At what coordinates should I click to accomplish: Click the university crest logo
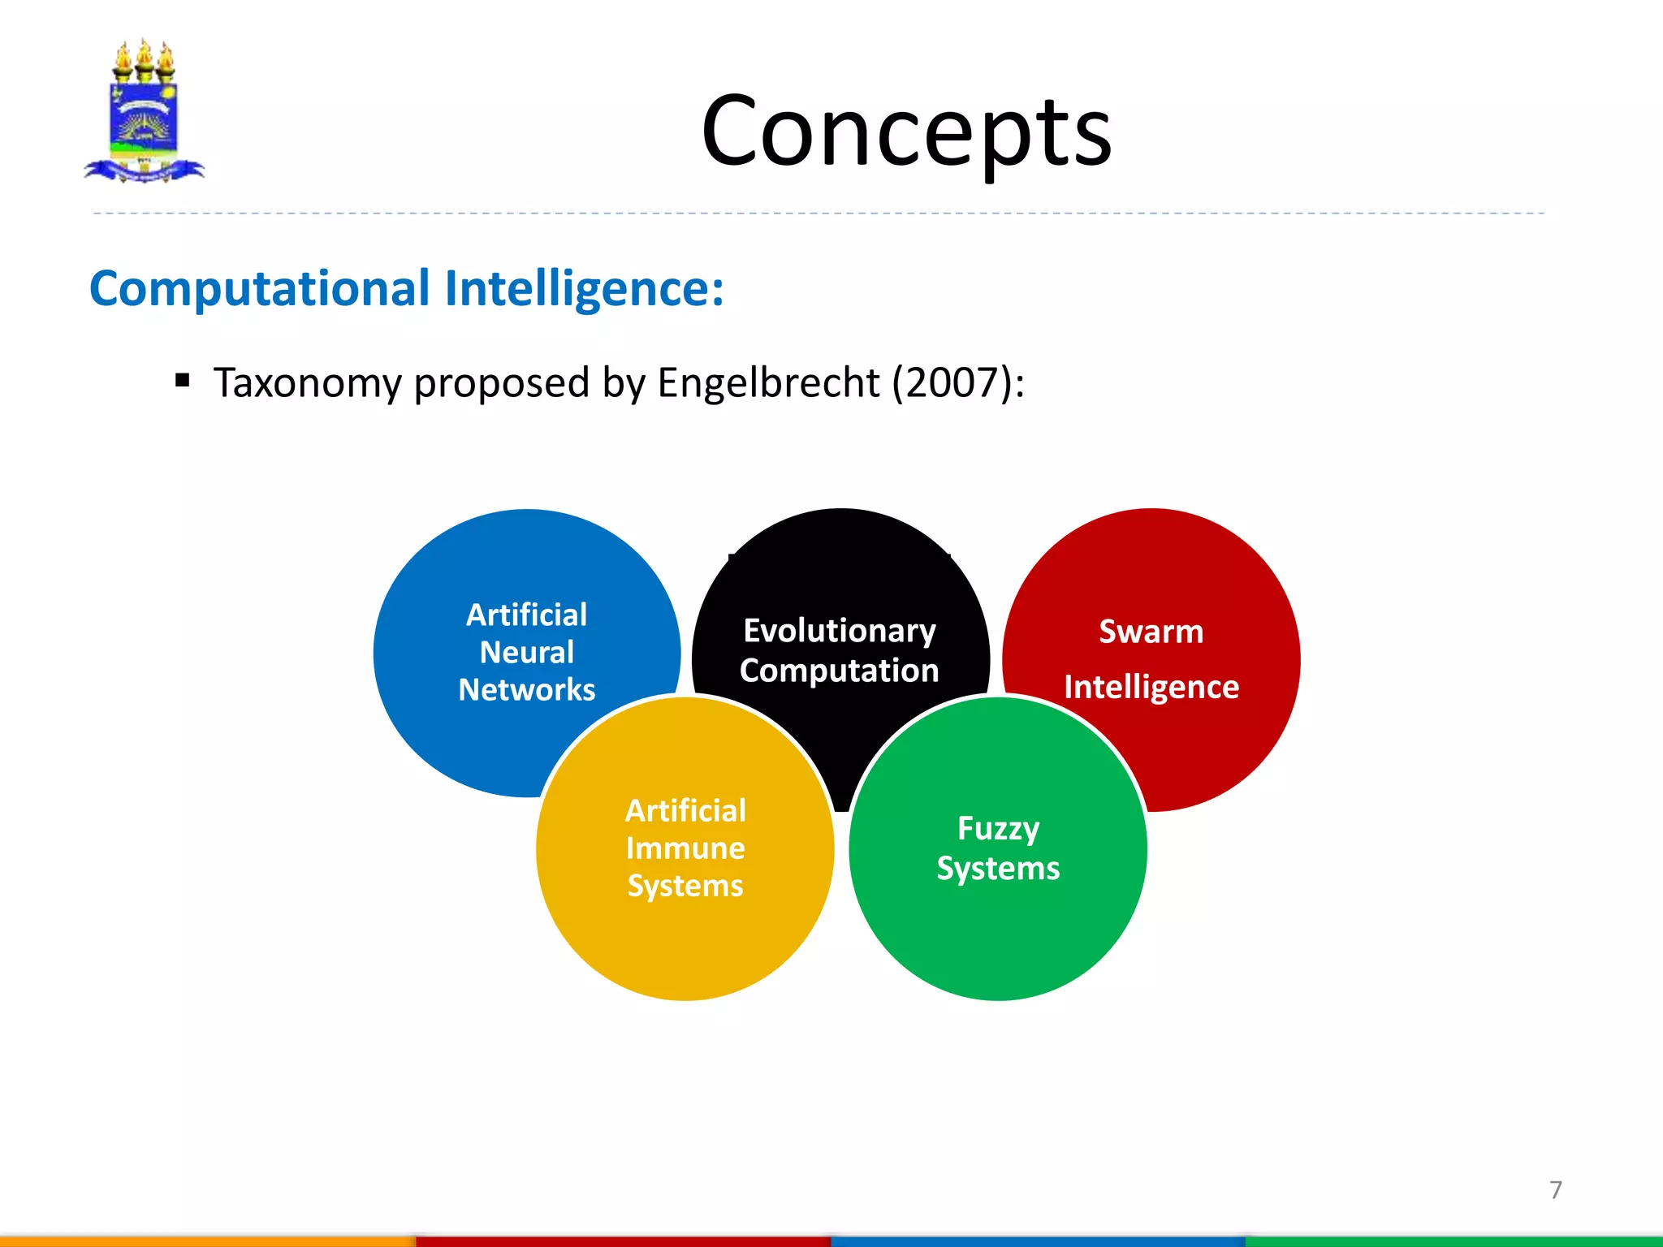click(144, 111)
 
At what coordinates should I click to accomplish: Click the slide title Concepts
click(906, 132)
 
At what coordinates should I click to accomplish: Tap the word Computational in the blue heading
click(260, 288)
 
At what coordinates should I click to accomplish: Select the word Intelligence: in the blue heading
click(584, 288)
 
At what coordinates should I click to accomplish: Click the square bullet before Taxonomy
click(183, 380)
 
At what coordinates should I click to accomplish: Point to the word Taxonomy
click(308, 382)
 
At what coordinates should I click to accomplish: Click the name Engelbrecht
click(768, 382)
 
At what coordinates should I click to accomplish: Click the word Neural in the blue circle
click(526, 652)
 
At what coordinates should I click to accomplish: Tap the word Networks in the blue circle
click(526, 689)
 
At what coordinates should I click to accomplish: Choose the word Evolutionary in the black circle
click(840, 631)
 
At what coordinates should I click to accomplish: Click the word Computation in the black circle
click(840, 671)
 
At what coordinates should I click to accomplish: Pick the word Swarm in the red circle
click(1151, 632)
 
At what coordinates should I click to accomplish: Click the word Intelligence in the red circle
click(1151, 687)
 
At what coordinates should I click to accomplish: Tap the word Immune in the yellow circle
click(685, 848)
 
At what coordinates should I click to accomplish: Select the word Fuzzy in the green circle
click(998, 829)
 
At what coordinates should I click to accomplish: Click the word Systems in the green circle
click(998, 869)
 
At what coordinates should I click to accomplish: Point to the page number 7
click(1555, 1189)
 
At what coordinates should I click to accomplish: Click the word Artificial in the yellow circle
click(685, 810)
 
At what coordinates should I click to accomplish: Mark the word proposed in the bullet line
click(501, 382)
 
